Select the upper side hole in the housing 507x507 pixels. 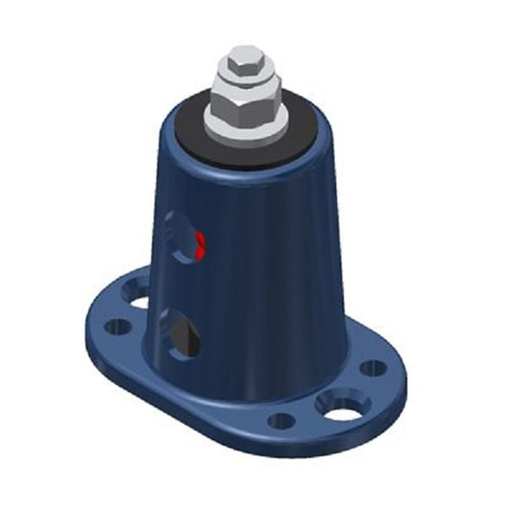point(184,238)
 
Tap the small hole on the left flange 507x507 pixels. point(117,327)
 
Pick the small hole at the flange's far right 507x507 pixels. point(373,368)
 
